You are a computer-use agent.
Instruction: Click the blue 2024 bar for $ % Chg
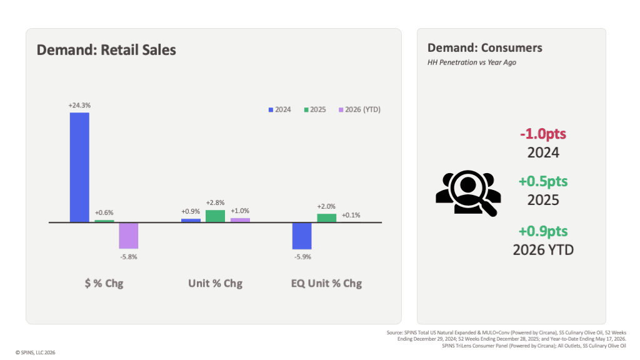(x=79, y=167)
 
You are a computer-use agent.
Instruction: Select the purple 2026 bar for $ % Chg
(x=129, y=236)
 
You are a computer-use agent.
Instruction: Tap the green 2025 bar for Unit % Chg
(x=215, y=216)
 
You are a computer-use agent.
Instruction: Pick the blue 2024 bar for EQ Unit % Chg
(x=302, y=236)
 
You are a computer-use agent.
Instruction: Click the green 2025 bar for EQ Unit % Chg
(x=326, y=218)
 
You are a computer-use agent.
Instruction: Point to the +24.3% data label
(x=79, y=105)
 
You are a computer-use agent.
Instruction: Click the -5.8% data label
(x=129, y=257)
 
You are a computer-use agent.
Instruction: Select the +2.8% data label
(x=215, y=203)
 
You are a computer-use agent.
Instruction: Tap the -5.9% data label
(x=302, y=257)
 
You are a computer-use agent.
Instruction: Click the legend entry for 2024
(x=279, y=109)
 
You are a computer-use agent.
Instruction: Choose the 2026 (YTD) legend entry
(x=359, y=109)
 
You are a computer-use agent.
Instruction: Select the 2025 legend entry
(x=315, y=109)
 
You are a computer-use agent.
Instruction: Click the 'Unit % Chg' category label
(x=215, y=283)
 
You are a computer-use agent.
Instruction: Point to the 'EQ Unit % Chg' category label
(x=326, y=283)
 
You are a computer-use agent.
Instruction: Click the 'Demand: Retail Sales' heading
(x=106, y=50)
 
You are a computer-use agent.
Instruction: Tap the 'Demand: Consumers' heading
(x=485, y=47)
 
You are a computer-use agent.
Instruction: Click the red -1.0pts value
(x=543, y=134)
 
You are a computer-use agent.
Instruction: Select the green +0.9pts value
(x=543, y=231)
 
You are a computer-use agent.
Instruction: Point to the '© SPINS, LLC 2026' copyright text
(x=35, y=352)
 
